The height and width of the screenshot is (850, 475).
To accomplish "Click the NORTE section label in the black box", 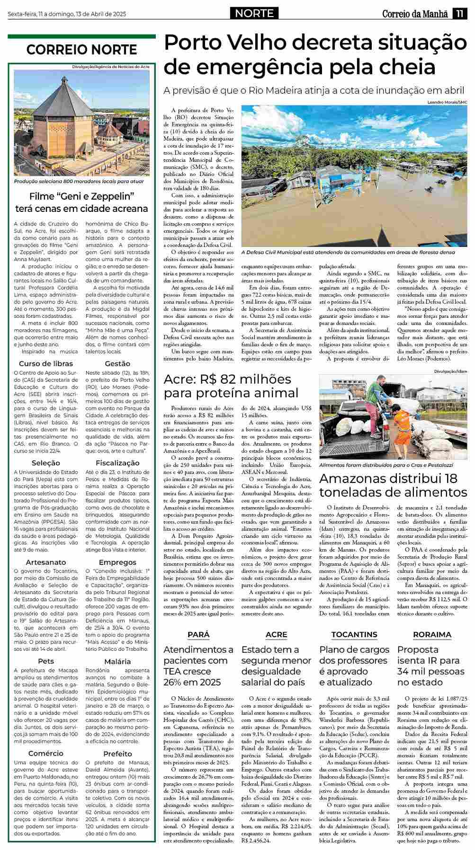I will (255, 13).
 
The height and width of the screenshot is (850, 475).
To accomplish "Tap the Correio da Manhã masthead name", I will (415, 14).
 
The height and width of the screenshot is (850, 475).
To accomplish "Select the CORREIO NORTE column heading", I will (81, 50).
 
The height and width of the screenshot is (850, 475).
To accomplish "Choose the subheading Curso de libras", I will (46, 363).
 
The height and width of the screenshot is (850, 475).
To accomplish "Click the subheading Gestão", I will (117, 363).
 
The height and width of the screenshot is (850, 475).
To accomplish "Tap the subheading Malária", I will (117, 661).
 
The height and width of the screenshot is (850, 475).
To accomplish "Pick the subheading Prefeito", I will (117, 753).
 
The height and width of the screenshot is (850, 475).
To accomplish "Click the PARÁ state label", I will (198, 634).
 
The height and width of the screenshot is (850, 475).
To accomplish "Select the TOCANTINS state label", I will (354, 634).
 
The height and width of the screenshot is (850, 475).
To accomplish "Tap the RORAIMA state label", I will (432, 634).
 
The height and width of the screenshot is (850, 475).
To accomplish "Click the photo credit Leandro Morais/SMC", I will (447, 102).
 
